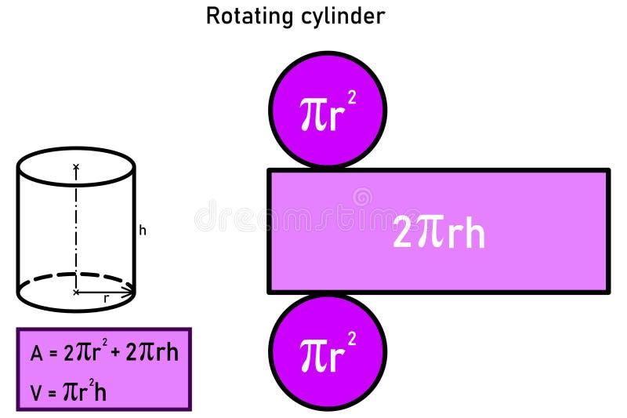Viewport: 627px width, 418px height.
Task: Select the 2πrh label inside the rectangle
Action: tap(438, 233)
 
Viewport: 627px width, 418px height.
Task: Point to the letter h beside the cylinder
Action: tap(143, 231)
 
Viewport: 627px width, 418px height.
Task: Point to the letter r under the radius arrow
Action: tap(106, 299)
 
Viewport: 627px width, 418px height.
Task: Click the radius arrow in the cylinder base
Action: tap(106, 292)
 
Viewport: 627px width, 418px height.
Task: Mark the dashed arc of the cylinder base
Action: tap(76, 276)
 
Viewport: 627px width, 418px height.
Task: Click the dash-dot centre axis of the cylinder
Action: tap(76, 227)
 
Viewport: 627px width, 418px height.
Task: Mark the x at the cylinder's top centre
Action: tap(76, 166)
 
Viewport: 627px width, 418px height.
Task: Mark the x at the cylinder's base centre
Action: tap(76, 292)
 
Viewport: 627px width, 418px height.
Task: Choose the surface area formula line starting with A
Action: tap(104, 352)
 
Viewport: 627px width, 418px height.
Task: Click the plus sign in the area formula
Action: tap(115, 353)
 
